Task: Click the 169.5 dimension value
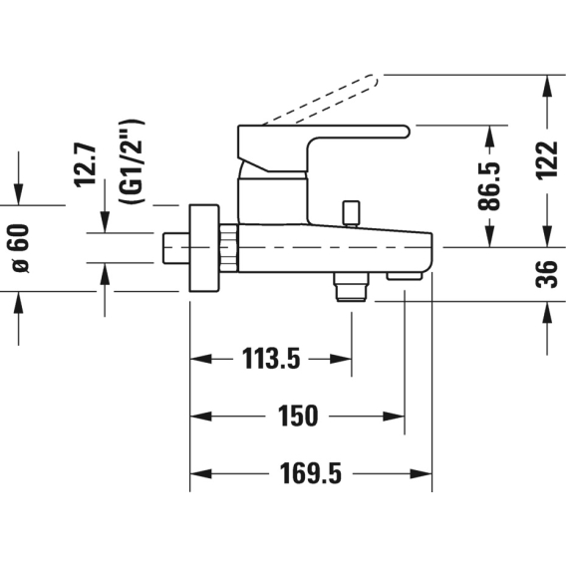coord(311,473)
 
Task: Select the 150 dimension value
coord(298,417)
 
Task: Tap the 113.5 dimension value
coord(271,359)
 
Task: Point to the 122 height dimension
coord(547,159)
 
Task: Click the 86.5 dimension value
coord(490,186)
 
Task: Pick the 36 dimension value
coord(547,274)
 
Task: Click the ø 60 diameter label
coord(21,248)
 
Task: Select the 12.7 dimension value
coord(85,165)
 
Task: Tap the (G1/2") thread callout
coord(133,161)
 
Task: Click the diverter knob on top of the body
coord(352,213)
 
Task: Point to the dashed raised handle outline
coord(320,100)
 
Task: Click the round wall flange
coord(204,248)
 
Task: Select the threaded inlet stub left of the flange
coord(175,248)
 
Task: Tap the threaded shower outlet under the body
coord(351,287)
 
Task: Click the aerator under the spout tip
coord(405,276)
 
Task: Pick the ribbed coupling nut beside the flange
coord(228,248)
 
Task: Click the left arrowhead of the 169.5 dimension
coord(200,473)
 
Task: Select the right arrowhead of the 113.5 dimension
coord(341,359)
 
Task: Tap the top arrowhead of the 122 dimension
coord(547,86)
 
